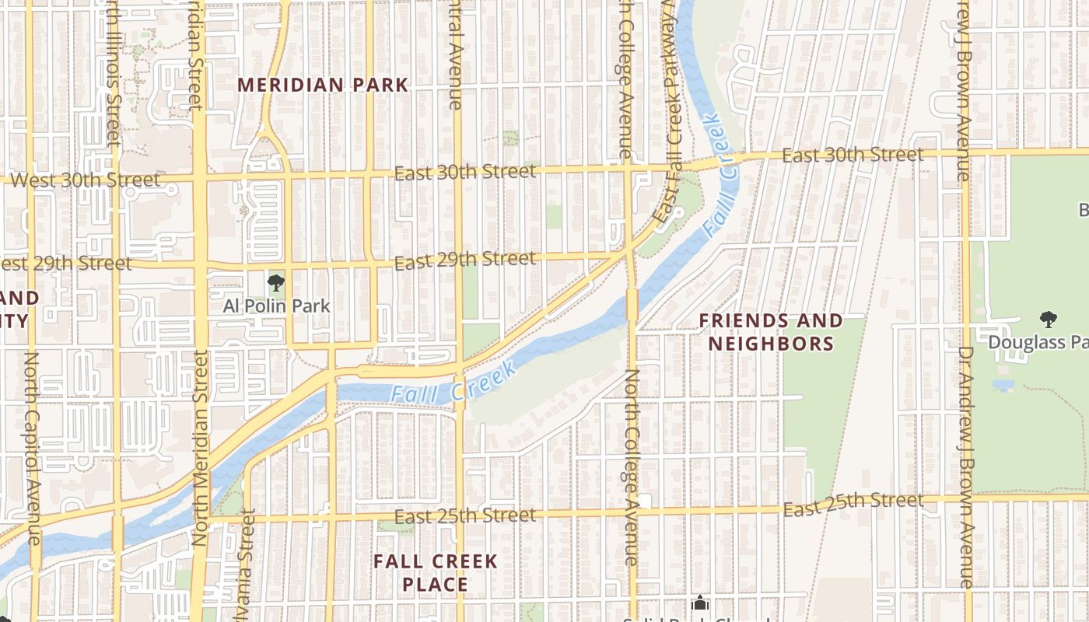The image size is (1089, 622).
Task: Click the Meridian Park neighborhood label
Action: point(323,85)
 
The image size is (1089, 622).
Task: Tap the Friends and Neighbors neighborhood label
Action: point(770,332)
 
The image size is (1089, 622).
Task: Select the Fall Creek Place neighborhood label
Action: point(435,572)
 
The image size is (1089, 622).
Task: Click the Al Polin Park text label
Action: point(276,306)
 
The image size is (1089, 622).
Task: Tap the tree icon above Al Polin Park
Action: point(275,283)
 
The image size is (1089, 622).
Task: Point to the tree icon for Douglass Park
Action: point(1048,319)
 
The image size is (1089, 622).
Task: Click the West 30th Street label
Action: point(86,180)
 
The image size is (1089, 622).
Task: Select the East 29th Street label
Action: point(465,260)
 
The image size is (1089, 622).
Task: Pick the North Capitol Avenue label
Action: point(33,447)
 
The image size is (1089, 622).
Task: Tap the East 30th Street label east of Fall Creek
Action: point(853,155)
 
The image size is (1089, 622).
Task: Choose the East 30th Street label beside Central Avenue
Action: point(465,172)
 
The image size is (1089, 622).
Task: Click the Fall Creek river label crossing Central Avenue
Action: point(453,386)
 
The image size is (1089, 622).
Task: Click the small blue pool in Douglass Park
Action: point(1003,386)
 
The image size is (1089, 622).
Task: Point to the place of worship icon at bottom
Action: point(700,603)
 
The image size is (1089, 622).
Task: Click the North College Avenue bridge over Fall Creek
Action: point(632,305)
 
